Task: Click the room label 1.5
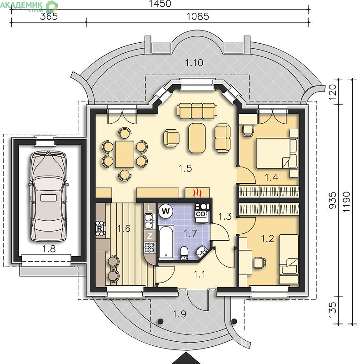(x=185, y=168)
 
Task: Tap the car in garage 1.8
(x=49, y=196)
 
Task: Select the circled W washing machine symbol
(x=165, y=211)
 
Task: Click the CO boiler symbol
(x=201, y=213)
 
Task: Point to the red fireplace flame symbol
(x=197, y=192)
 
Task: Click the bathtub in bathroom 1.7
(x=166, y=242)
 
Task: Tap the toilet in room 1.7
(x=184, y=253)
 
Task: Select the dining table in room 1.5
(x=125, y=154)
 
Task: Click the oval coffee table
(x=197, y=138)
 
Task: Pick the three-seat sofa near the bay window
(x=197, y=110)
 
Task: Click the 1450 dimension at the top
(x=160, y=4)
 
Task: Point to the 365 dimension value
(x=49, y=16)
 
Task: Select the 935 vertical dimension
(x=332, y=200)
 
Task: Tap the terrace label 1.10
(x=195, y=63)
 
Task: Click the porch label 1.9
(x=180, y=314)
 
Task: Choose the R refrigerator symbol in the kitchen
(x=100, y=229)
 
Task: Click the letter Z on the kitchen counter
(x=150, y=236)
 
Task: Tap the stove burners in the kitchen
(x=150, y=247)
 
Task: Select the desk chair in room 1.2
(x=260, y=263)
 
